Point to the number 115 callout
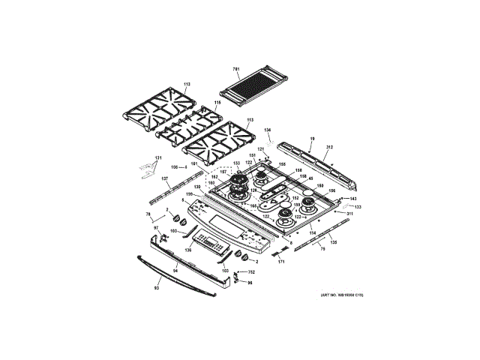pyautogui.click(x=217, y=103)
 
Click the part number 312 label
pyautogui.click(x=328, y=146)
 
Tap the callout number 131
pyautogui.click(x=157, y=157)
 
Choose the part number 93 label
pyautogui.click(x=157, y=287)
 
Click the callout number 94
pyautogui.click(x=175, y=268)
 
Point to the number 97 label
pyautogui.click(x=157, y=227)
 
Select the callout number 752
pyautogui.click(x=252, y=271)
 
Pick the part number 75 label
pyautogui.click(x=322, y=248)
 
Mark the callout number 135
pyautogui.click(x=333, y=241)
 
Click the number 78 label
pyautogui.click(x=148, y=215)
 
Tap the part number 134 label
pyautogui.click(x=267, y=129)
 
